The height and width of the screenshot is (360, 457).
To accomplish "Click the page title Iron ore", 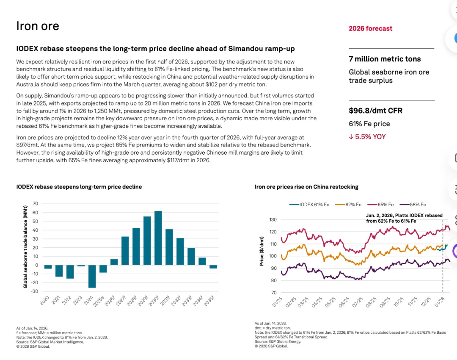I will pos(38,26).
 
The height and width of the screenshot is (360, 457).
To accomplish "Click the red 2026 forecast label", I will pos(370,29).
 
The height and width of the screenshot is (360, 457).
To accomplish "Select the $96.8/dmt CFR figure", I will pos(375,111).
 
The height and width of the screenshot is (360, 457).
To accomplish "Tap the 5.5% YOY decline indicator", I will pos(367,137).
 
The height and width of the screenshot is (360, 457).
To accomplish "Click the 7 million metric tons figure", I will pos(385,59).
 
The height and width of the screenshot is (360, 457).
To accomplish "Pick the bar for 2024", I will pos(92,277).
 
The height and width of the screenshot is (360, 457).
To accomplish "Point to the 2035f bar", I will pos(213,267).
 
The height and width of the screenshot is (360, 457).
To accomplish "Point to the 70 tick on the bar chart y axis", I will pos(35,204).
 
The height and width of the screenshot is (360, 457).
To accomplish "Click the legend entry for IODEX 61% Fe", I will pos(309,205).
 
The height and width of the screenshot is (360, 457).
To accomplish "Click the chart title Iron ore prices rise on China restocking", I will pos(306,187).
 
